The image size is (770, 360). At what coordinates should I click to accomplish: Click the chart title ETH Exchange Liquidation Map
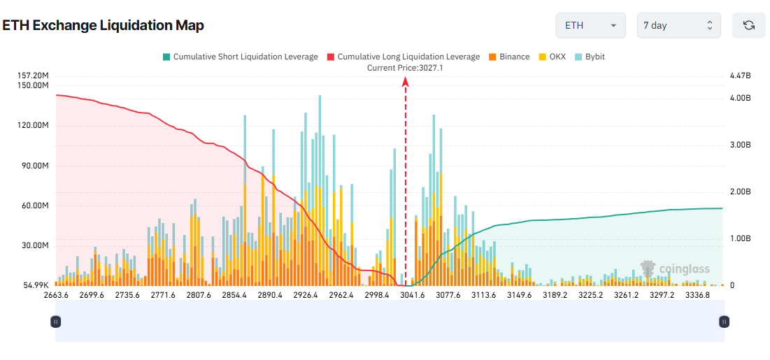coord(103,26)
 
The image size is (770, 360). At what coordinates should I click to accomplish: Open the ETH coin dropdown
coord(590,26)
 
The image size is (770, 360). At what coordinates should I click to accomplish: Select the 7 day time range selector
coord(678,26)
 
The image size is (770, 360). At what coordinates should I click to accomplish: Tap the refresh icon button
coord(748,26)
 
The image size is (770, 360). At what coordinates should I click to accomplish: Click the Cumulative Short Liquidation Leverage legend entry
coord(240,57)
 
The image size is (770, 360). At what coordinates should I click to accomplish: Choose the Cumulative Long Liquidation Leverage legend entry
coord(403,57)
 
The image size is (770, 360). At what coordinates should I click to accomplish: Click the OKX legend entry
coord(552,57)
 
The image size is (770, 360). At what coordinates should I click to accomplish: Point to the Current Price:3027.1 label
coord(405,68)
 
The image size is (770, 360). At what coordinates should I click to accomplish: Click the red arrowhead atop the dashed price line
coord(405,82)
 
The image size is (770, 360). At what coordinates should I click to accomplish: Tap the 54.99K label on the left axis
coord(34,286)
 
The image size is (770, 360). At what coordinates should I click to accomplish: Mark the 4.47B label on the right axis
coord(739,75)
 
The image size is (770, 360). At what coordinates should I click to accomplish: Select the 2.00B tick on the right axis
coord(739,192)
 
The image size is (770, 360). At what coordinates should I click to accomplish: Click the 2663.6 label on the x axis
coord(56,295)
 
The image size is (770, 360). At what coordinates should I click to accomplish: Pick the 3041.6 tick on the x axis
coord(413,295)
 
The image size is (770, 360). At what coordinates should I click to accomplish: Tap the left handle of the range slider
coord(55,322)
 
